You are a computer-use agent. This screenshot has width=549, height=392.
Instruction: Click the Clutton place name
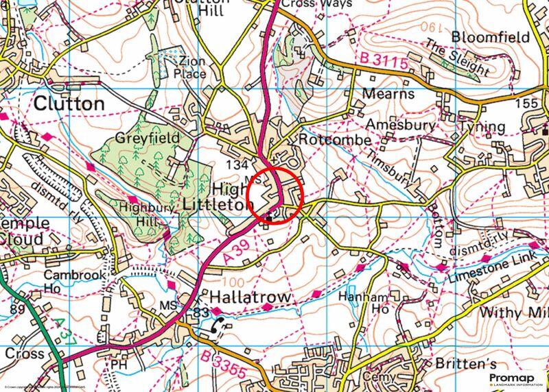click(69, 104)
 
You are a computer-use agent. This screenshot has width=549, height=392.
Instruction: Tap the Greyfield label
click(147, 138)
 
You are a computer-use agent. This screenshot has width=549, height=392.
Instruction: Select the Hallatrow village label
click(250, 297)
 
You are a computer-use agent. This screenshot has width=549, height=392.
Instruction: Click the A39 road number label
click(235, 254)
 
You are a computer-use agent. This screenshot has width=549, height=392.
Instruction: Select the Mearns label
click(388, 94)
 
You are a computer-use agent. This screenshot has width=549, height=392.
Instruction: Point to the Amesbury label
click(401, 125)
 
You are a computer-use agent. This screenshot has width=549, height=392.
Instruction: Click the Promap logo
click(514, 379)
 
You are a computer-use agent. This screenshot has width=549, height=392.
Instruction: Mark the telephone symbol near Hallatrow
click(220, 326)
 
